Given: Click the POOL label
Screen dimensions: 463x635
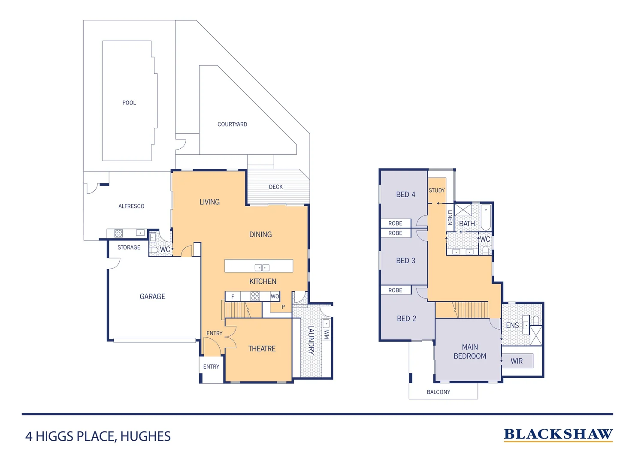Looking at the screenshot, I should [x=129, y=103].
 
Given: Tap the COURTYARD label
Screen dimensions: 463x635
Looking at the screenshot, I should [x=232, y=124].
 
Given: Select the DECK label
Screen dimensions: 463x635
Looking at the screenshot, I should [x=275, y=187].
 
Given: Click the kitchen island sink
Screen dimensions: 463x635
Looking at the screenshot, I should [x=262, y=268].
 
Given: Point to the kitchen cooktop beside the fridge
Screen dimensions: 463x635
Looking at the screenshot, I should [x=255, y=296].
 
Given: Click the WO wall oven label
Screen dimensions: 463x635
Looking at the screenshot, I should [x=275, y=296].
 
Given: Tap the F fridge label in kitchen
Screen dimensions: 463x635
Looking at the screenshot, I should [x=233, y=296].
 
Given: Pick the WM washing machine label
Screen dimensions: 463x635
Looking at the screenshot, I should [x=327, y=334].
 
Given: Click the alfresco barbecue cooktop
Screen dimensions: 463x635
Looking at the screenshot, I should [x=118, y=233].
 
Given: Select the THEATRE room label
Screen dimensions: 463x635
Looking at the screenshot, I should [x=262, y=349].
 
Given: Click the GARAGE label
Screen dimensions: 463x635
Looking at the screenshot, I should [x=152, y=296].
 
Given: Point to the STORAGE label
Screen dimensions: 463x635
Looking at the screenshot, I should [x=129, y=247].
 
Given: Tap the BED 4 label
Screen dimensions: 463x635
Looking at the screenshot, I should [x=405, y=194].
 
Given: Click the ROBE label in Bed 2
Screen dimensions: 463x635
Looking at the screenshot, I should [x=395, y=290].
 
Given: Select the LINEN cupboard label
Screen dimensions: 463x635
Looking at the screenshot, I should [x=450, y=217].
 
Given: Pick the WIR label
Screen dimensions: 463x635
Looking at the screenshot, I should [x=517, y=361].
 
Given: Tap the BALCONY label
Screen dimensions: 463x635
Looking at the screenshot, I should [x=438, y=392].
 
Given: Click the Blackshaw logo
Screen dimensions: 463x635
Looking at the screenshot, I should [x=558, y=434].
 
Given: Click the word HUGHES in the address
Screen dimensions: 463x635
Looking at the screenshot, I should [x=145, y=436].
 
